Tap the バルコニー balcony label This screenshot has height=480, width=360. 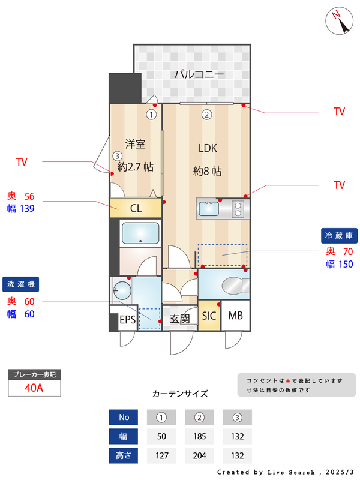(199, 74)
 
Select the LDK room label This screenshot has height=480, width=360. (208, 148)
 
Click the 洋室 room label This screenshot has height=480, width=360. (135, 144)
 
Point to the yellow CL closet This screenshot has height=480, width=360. (136, 208)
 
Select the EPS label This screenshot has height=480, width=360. (127, 319)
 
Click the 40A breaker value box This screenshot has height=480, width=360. (34, 388)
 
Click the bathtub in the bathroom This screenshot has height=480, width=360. (140, 233)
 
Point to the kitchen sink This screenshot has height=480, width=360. (209, 209)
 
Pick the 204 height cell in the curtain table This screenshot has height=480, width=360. (200, 455)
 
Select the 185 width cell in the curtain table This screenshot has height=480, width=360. (200, 436)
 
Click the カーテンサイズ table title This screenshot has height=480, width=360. (180, 394)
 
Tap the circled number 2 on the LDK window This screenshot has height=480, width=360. (206, 114)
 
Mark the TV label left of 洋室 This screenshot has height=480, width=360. (22, 162)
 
